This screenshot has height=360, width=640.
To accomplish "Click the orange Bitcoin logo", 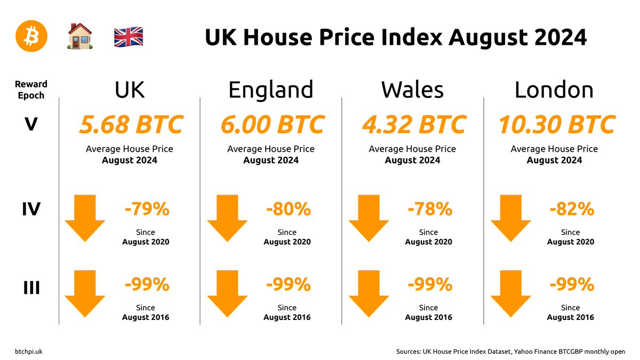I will point(31,36).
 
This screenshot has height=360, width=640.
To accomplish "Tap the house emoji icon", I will point(80,37).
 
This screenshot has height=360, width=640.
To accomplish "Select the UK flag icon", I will point(129,37).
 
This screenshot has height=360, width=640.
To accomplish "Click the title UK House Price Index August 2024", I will point(396,38).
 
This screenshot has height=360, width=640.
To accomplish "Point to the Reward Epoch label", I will point(31,90).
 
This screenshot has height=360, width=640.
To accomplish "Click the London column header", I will point(554,90).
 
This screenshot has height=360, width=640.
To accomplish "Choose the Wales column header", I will point(412,90).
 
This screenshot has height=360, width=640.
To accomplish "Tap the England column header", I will point(270,90).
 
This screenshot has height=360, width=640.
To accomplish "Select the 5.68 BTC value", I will point(130,125).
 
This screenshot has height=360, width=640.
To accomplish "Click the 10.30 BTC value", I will point(556,125).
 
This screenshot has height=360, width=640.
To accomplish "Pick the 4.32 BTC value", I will point(413,125).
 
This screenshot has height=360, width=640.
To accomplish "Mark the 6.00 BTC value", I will point(272,125).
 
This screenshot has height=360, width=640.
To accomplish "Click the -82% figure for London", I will point(572,209).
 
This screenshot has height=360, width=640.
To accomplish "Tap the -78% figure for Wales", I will point(429,209).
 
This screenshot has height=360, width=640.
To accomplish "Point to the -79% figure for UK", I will point(147,209).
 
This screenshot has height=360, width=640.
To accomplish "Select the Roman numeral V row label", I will point(31,125).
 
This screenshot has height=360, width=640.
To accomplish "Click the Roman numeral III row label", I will point(31,289).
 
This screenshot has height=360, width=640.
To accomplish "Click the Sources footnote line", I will point(510,351).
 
